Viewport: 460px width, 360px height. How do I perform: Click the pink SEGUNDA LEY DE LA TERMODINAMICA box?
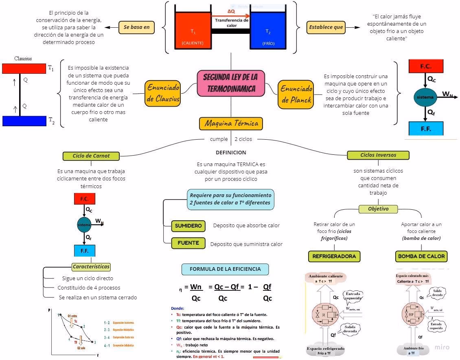click(230, 83)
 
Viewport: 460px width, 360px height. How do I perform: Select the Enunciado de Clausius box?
click(163, 93)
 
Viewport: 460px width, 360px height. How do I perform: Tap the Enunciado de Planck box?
click(296, 94)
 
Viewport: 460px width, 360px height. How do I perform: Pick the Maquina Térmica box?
click(231, 123)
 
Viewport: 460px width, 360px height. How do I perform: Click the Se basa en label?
click(137, 27)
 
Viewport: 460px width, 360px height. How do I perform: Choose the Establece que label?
click(326, 27)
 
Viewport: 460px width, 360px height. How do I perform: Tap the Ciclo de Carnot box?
click(91, 156)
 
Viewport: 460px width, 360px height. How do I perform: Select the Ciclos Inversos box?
click(378, 155)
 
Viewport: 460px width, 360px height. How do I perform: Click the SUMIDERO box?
click(188, 226)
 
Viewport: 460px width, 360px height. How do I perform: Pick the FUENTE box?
click(188, 243)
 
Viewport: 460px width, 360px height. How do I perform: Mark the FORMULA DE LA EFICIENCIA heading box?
click(225, 269)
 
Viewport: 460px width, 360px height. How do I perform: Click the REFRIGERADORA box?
click(334, 256)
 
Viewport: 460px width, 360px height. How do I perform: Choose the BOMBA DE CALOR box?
click(421, 256)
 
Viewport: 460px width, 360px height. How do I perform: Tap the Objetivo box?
click(378, 209)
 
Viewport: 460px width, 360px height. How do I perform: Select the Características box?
click(91, 267)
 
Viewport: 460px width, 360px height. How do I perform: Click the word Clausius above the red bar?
click(23, 58)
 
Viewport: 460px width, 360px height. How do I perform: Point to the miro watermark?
click(442, 347)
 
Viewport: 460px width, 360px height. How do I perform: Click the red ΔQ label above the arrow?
click(231, 11)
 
